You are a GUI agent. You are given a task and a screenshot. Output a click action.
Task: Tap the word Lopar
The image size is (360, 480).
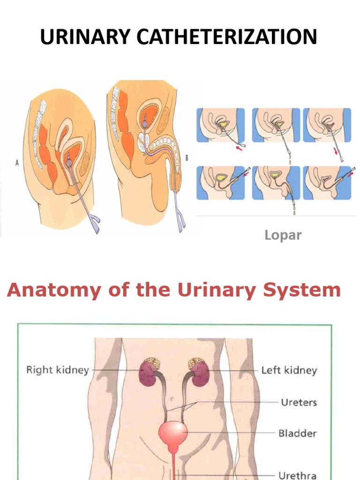tap(283, 235)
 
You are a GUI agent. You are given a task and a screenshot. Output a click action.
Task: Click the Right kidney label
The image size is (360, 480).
tap(57, 370)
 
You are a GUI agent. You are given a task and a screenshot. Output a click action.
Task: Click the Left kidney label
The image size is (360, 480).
tap(289, 370)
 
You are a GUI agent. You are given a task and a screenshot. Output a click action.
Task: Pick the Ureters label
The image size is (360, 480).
tap(299, 402)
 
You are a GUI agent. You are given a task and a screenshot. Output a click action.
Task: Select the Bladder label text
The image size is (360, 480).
tap(297, 433)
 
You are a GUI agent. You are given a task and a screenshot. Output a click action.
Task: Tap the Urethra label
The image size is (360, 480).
tap(298, 475)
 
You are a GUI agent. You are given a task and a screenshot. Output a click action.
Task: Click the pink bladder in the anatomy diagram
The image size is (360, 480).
tap(173, 434)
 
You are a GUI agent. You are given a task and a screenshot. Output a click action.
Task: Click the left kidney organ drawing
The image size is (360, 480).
tap(200, 372)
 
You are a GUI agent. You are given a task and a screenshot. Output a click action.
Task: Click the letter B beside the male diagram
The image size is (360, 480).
tap(187, 158)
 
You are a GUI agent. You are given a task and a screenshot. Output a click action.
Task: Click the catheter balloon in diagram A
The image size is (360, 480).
tap(69, 162)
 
